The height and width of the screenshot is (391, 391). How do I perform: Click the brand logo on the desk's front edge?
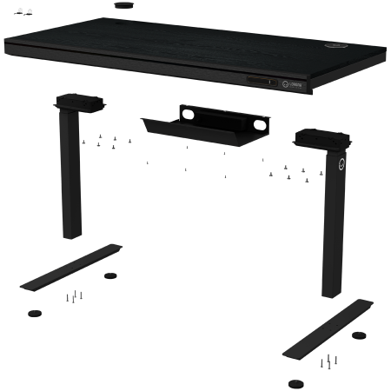coord(295,83)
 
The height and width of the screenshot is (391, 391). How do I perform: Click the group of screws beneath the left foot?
coord(74,297)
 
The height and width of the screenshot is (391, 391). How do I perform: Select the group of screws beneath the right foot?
coord(328,360)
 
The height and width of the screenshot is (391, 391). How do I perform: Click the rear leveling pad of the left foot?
coord(109,278)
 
